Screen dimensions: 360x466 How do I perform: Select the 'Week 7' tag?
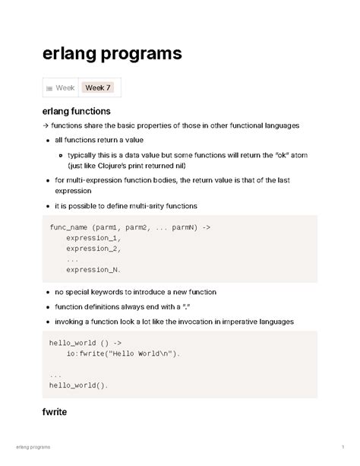pyautogui.click(x=98, y=88)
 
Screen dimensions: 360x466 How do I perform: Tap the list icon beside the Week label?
pyautogui.click(x=49, y=89)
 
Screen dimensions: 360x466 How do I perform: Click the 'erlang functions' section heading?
pyautogui.click(x=77, y=111)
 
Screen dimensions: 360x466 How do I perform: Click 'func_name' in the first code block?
pyautogui.click(x=67, y=227)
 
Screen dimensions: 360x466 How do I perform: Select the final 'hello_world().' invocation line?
pyautogui.click(x=79, y=385)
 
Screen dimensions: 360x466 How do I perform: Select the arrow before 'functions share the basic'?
pyautogui.click(x=45, y=125)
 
